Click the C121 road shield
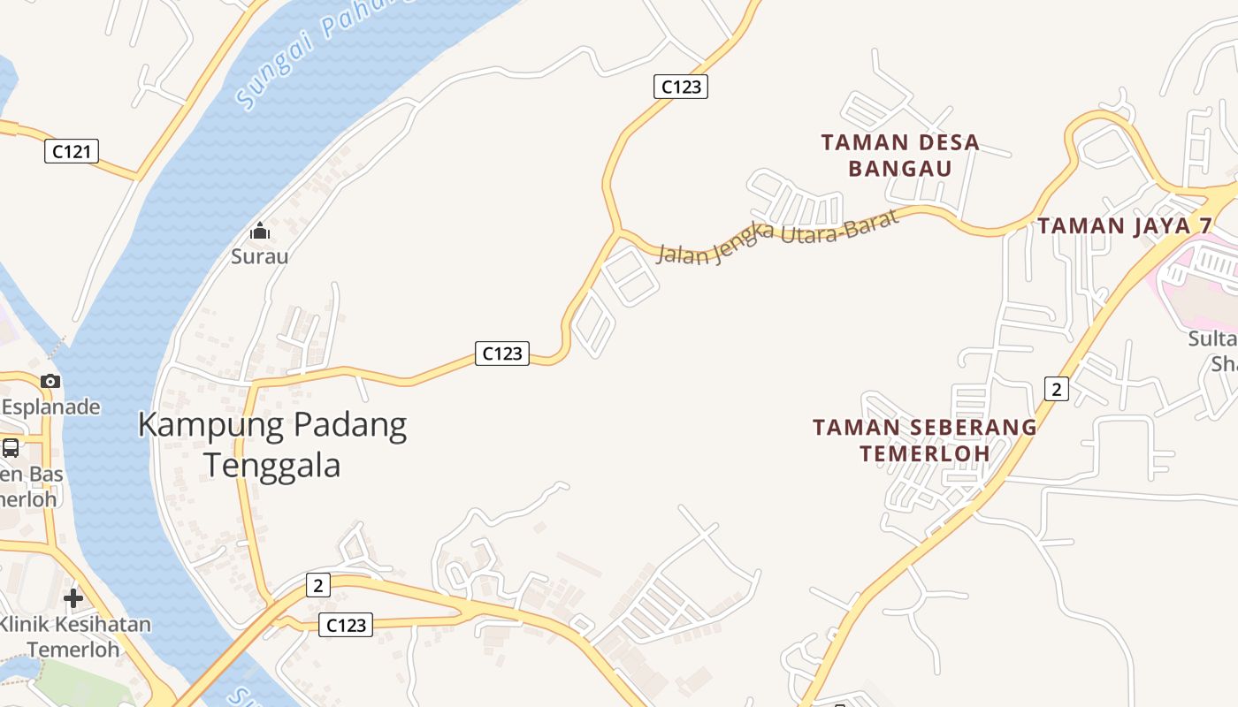pyautogui.click(x=72, y=151)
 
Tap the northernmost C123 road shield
pyautogui.click(x=681, y=87)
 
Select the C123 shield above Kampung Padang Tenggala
pyautogui.click(x=502, y=353)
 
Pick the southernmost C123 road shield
pyautogui.click(x=346, y=625)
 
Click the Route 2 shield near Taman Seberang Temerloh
pyautogui.click(x=1056, y=388)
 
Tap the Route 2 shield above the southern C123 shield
pyautogui.click(x=318, y=584)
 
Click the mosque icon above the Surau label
pyautogui.click(x=260, y=232)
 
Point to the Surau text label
pyautogui.click(x=260, y=256)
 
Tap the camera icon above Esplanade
pyautogui.click(x=50, y=381)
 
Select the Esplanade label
pyautogui.click(x=51, y=407)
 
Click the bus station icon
pyautogui.click(x=11, y=447)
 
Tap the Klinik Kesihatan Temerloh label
pyautogui.click(x=74, y=636)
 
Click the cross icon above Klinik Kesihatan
pyautogui.click(x=73, y=598)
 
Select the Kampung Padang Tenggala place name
pyautogui.click(x=272, y=444)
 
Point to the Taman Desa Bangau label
pyautogui.click(x=900, y=155)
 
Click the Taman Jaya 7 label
pyautogui.click(x=1125, y=225)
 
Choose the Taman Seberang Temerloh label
pyautogui.click(x=925, y=439)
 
